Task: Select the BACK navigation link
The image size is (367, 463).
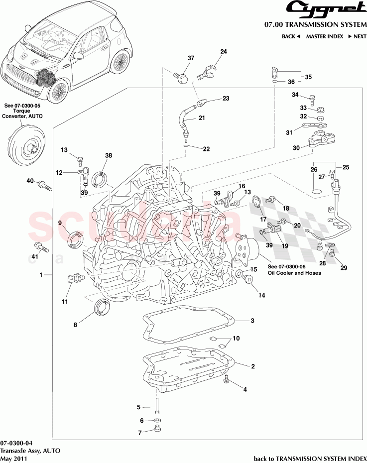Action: coord(291,36)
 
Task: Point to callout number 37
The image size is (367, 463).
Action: coord(190,58)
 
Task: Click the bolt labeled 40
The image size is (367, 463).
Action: coord(44,186)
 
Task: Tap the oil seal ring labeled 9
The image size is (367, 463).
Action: coord(76,239)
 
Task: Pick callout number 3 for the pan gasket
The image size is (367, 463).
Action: coord(252,321)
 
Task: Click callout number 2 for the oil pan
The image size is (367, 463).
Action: coord(252,366)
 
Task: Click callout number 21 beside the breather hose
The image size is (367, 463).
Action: coord(202,118)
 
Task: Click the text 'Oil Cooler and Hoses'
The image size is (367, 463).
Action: coord(294,273)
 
